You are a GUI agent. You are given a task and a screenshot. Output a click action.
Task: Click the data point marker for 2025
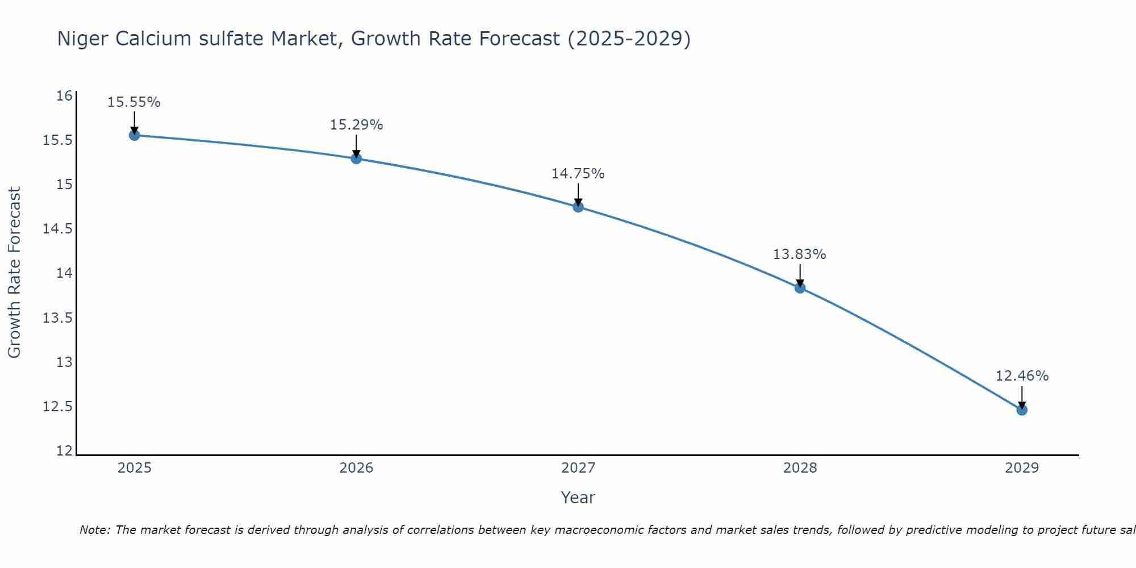135,135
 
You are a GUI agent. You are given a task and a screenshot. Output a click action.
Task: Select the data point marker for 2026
356,158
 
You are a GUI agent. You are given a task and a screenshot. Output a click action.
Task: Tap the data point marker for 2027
578,207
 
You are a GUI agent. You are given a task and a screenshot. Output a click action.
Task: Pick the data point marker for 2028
800,288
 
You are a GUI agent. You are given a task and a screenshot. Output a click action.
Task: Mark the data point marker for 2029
1022,410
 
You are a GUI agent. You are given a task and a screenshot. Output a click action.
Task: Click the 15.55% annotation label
134,102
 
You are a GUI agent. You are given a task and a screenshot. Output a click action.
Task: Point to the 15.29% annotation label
356,125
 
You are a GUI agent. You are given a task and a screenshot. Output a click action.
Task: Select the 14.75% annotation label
578,174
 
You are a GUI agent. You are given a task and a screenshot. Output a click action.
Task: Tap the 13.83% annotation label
800,254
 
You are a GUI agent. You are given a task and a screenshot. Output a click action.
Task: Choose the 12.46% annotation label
1022,376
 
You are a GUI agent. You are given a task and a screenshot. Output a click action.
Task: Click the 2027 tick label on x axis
578,468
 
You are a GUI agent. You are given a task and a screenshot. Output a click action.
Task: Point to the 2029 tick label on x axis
1022,468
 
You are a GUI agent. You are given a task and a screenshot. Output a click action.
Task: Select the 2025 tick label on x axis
135,468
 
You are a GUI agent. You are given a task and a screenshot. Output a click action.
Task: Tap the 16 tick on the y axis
65,95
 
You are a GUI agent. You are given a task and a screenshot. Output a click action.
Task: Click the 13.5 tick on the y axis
58,318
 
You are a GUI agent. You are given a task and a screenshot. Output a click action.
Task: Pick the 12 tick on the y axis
65,451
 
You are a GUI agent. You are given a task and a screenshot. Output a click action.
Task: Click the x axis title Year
578,498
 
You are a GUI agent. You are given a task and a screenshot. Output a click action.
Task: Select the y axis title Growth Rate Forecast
15,273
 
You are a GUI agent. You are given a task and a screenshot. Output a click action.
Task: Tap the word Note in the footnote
94,530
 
